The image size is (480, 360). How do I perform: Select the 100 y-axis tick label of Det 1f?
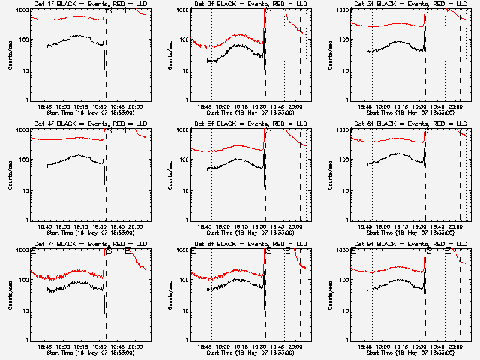point(25,40)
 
